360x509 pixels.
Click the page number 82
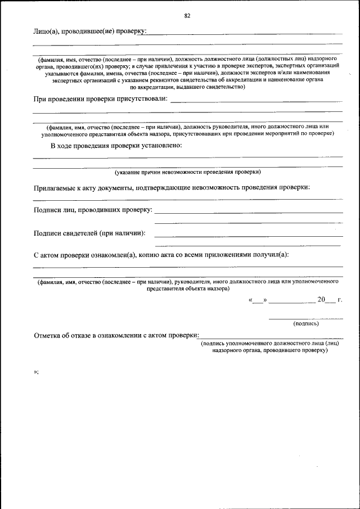pyautogui.click(x=187, y=16)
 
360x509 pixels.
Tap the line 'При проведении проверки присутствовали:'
pyautogui.click(x=100, y=99)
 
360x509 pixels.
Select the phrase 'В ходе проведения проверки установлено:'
pyautogui.click(x=116, y=146)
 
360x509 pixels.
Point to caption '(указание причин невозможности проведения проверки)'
pyautogui.click(x=187, y=172)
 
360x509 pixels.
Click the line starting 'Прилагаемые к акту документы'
pyautogui.click(x=172, y=187)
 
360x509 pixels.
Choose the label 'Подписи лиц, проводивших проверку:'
pyautogui.click(x=93, y=210)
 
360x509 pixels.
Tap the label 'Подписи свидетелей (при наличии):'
pyautogui.click(x=89, y=233)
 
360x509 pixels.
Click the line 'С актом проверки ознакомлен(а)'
pyautogui.click(x=161, y=255)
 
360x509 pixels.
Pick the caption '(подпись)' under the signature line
pyautogui.click(x=306, y=323)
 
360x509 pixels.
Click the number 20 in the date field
pyautogui.click(x=322, y=299)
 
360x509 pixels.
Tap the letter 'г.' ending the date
pyautogui.click(x=340, y=300)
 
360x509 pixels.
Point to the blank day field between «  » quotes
pyautogui.click(x=258, y=300)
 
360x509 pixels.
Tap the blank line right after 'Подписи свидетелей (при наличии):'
pyautogui.click(x=248, y=235)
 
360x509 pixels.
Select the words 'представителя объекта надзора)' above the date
pyautogui.click(x=187, y=289)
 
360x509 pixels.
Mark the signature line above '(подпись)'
pyautogui.click(x=305, y=318)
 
